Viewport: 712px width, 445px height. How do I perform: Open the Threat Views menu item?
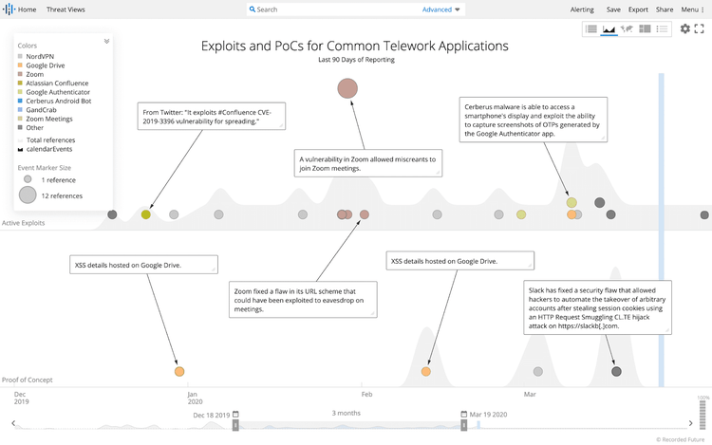(x=66, y=9)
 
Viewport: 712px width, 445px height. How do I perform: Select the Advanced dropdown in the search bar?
(x=441, y=9)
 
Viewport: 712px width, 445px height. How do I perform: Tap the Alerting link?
(x=582, y=9)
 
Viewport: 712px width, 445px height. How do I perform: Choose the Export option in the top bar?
(x=638, y=9)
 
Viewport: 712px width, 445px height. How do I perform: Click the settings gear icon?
(x=685, y=29)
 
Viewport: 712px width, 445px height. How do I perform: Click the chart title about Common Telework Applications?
(x=355, y=46)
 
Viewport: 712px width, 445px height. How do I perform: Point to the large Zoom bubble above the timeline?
(x=348, y=89)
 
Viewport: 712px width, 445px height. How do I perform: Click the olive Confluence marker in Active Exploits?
(x=145, y=214)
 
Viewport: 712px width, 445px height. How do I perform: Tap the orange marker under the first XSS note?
(x=179, y=372)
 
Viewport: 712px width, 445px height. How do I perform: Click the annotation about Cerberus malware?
(x=533, y=121)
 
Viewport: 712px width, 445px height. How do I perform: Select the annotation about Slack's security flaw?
(x=597, y=306)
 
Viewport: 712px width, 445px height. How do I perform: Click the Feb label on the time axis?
(x=365, y=393)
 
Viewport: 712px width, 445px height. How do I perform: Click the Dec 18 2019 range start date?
(x=211, y=415)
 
